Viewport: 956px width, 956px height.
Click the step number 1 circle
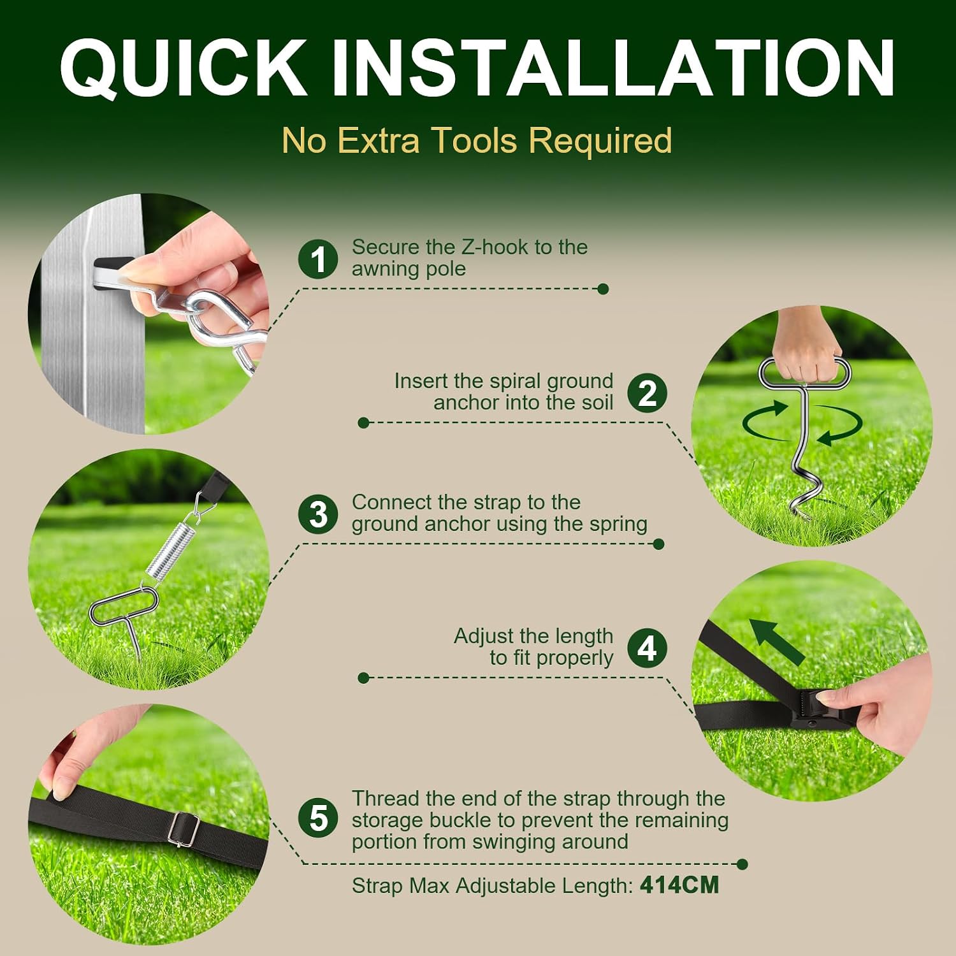[318, 259]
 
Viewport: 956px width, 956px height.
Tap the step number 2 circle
[647, 393]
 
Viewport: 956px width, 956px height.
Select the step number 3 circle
[318, 514]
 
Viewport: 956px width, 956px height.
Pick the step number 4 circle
[647, 648]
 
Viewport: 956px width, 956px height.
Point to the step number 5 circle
[318, 818]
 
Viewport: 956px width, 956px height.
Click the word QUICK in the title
[183, 68]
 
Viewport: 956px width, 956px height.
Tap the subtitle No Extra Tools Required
[477, 140]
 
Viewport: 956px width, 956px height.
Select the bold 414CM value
[679, 885]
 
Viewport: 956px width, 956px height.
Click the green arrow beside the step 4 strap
[776, 641]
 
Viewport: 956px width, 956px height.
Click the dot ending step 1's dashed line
[604, 289]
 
